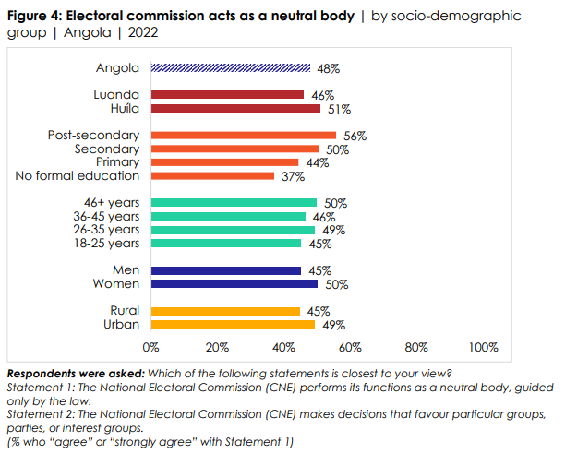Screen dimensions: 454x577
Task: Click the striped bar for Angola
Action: coord(231,67)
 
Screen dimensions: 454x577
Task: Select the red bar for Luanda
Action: coord(227,94)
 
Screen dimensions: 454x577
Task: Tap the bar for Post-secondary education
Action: coord(244,135)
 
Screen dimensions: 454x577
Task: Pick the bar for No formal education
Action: coord(212,175)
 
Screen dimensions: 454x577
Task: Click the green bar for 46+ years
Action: coord(234,202)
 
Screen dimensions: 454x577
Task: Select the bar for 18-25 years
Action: coord(225,243)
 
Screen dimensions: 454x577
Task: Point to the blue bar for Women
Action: coord(234,284)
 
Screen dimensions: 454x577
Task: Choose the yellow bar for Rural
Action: coord(225,311)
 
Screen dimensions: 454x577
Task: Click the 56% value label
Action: coord(355,135)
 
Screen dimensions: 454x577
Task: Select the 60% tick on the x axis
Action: coord(350,348)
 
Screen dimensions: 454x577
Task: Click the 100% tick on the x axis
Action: coord(483,348)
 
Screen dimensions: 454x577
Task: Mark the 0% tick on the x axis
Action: coord(151,348)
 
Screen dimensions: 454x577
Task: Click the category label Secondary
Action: coord(107,149)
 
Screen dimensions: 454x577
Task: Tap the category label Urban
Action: coord(124,325)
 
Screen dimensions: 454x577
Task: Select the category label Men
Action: coord(126,270)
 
